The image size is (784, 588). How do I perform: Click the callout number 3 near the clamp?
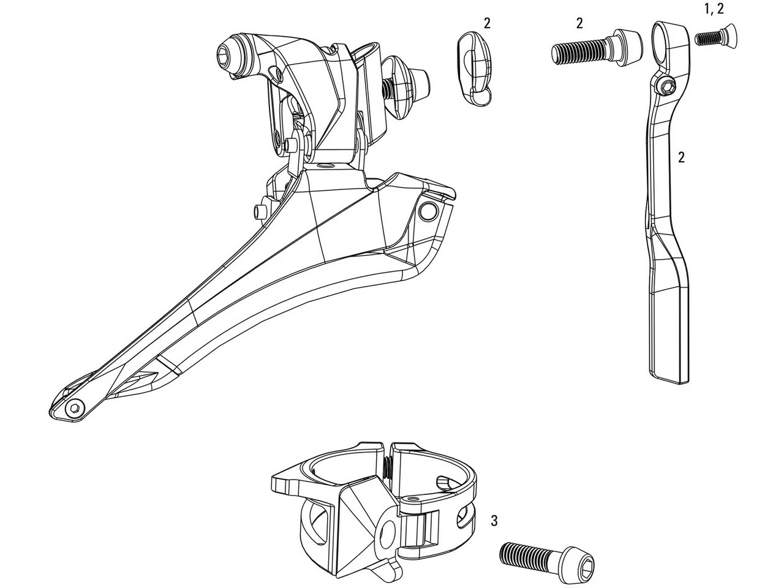pos(494,521)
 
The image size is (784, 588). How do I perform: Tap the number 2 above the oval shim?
pos(487,24)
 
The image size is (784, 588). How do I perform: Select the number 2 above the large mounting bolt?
pos(579,24)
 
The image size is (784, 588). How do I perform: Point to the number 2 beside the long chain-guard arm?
pos(682,157)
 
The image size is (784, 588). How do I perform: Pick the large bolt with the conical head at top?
pos(598,47)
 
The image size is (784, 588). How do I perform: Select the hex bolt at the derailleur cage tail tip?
pos(75,409)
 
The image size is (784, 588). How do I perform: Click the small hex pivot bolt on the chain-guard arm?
pos(666,87)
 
